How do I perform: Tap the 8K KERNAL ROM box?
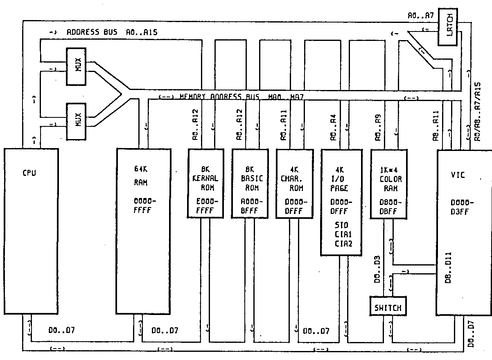pos(206,183)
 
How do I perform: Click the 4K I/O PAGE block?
pos(341,202)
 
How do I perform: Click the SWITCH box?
pos(388,308)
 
